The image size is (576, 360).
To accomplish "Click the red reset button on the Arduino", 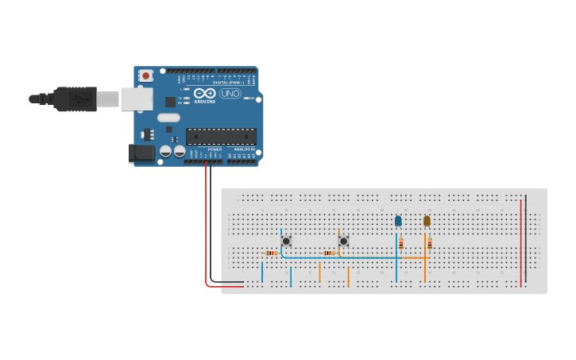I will tap(146, 75).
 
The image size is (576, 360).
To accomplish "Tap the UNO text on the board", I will tap(230, 94).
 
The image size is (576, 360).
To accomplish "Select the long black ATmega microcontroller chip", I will tap(221, 137).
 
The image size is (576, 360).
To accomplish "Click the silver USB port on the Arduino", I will tap(137, 99).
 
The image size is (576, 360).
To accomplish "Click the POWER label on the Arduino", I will tap(215, 149).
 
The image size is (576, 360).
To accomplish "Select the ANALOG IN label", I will tap(244, 149).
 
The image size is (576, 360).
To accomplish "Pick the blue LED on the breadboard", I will tap(398, 221).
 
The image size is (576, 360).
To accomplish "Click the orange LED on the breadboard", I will tap(427, 221).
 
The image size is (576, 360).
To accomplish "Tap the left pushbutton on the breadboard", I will tap(286, 240).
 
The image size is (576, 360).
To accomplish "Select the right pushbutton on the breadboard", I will tap(343, 240).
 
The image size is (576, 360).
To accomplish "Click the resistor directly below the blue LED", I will tap(401, 243).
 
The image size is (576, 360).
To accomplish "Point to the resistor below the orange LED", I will tap(430, 243).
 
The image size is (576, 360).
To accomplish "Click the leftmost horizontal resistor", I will tap(272, 254).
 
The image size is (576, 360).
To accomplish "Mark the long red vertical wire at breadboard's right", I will tap(521, 242).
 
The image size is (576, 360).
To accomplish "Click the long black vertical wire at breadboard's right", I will tap(525, 238).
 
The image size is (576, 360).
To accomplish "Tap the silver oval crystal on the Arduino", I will tap(168, 118).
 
